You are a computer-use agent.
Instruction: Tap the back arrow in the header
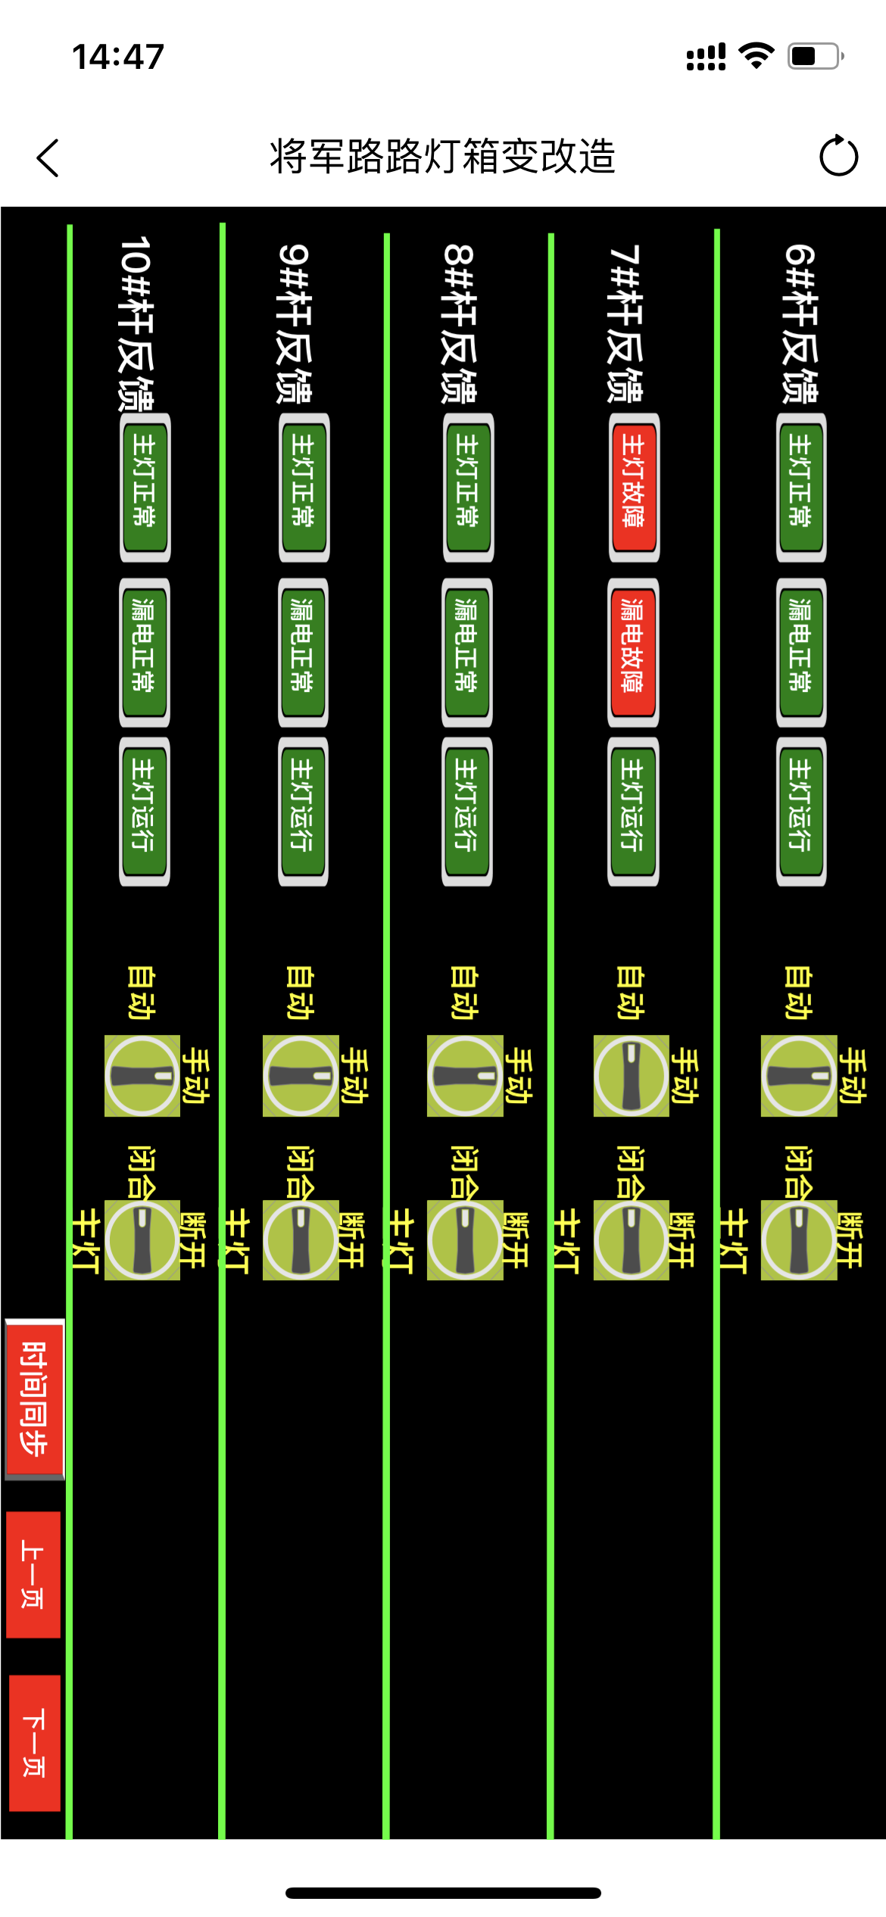48,158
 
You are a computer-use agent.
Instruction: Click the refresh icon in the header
838,156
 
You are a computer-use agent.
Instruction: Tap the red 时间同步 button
34,1398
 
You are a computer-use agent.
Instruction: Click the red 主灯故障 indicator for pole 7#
634,487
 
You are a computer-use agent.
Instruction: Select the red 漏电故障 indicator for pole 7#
633,652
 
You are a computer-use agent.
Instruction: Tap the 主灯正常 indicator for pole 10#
145,487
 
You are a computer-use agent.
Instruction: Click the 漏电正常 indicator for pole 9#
303,652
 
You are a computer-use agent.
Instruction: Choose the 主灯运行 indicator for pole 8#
467,811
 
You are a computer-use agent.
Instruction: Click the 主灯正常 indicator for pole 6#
801,487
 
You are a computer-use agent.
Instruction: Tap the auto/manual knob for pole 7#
632,1075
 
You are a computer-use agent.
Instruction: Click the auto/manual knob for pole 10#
142,1075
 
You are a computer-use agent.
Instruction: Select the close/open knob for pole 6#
799,1240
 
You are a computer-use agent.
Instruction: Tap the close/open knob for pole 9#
301,1240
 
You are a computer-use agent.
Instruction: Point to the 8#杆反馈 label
460,323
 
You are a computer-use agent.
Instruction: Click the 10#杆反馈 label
137,323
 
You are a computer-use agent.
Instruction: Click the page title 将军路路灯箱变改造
443,157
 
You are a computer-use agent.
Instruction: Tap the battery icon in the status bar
815,56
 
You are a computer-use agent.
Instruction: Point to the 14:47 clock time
118,57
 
